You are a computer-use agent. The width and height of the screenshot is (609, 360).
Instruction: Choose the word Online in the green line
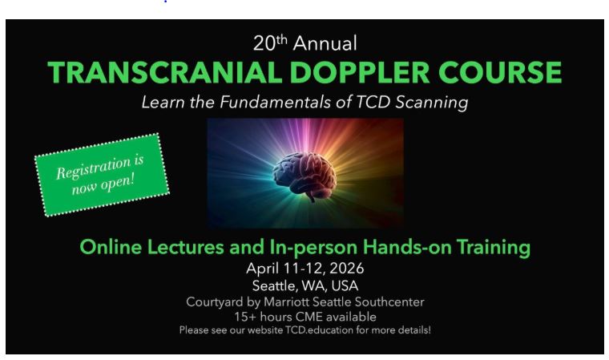click(113, 248)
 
